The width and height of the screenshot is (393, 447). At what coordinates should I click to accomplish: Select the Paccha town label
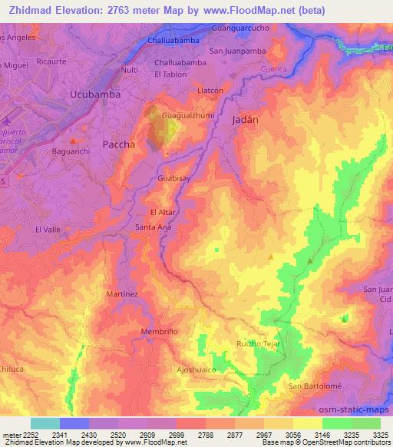point(119,144)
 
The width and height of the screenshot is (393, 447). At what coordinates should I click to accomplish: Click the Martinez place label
point(122,293)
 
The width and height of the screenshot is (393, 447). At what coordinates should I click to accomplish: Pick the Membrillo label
point(160,331)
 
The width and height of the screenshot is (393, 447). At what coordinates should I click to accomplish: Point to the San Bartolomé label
point(312,385)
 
